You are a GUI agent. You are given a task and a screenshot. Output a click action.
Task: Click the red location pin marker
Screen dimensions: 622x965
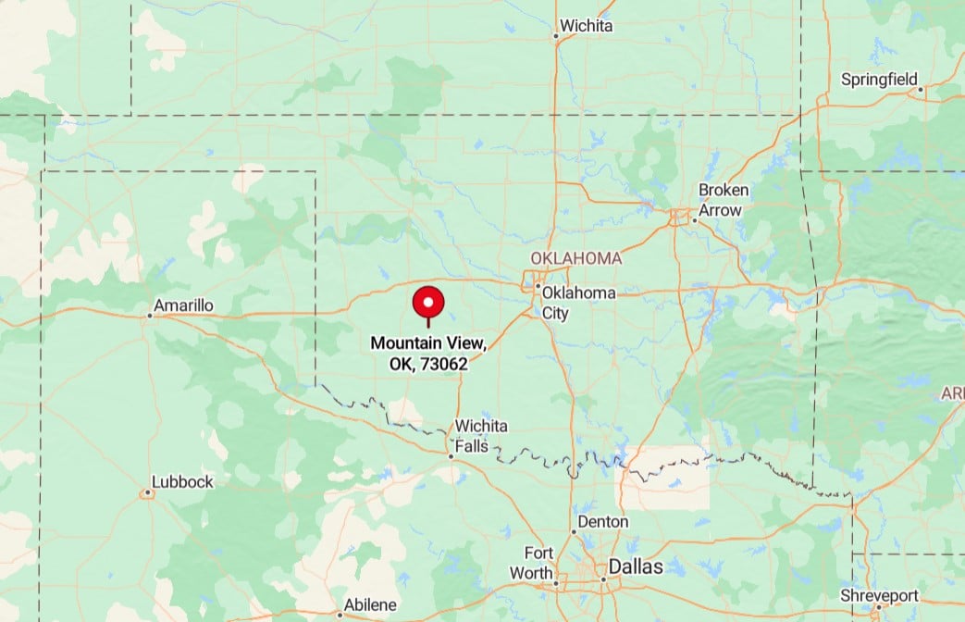[x=428, y=303]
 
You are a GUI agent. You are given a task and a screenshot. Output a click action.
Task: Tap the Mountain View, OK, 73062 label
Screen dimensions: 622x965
[x=427, y=354]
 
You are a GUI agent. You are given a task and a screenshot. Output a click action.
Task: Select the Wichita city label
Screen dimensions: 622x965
[x=587, y=26]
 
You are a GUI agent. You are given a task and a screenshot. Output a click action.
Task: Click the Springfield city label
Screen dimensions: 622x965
[x=878, y=79]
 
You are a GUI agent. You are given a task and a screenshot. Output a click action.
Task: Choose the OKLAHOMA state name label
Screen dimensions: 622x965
[x=575, y=257]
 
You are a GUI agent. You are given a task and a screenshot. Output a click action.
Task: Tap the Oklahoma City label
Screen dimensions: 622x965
[x=577, y=303]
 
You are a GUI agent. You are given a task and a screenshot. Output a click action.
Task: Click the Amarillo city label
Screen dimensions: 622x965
[x=183, y=305]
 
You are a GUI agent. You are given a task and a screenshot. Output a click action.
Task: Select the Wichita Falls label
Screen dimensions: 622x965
[x=480, y=435]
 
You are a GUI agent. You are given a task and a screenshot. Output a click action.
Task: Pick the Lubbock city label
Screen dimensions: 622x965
[x=183, y=481]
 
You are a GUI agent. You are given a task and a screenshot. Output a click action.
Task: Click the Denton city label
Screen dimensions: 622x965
[x=603, y=522]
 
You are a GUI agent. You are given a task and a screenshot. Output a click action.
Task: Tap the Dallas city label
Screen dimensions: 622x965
[x=636, y=566]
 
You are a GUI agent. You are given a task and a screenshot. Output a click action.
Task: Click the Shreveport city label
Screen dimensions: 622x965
[x=880, y=595]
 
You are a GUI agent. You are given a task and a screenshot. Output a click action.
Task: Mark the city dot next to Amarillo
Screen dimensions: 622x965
[x=149, y=316]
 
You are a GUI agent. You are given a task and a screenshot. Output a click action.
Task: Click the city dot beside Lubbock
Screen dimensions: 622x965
[x=148, y=492]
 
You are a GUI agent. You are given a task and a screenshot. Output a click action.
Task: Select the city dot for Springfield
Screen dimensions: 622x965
[x=921, y=90]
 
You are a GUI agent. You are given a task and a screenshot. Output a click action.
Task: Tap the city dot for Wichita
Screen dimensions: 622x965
[x=556, y=37]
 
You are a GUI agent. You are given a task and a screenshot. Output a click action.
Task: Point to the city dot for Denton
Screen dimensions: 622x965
[x=573, y=531]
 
